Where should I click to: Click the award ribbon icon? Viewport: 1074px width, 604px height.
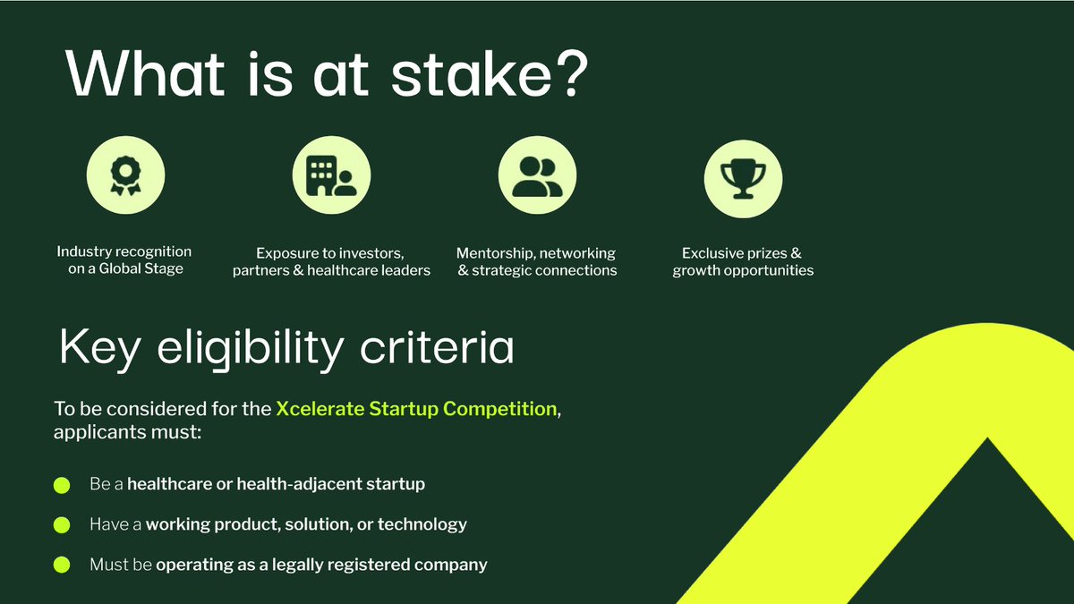point(124,176)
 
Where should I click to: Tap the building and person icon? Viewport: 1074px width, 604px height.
point(331,176)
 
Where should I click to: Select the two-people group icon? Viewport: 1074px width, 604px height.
point(537,176)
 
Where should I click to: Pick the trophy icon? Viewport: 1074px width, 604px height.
point(743,176)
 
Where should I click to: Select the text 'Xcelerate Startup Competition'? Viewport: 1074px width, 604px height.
point(416,409)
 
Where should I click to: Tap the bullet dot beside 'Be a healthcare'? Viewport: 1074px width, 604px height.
point(62,485)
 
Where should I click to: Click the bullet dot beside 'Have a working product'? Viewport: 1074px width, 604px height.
point(62,524)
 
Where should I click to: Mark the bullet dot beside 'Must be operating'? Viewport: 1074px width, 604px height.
point(62,565)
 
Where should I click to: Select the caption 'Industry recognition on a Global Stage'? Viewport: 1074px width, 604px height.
point(124,260)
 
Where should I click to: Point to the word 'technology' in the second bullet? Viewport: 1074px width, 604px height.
point(422,524)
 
